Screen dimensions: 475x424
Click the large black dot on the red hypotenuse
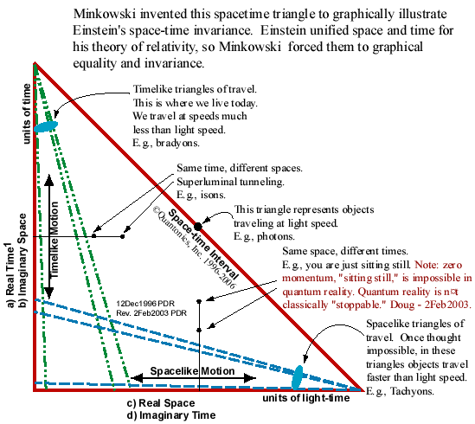pos(198,227)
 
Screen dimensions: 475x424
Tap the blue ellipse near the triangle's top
pos(46,126)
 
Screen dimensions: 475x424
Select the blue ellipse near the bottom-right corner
pos(298,377)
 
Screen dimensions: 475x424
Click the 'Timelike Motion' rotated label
pos(54,240)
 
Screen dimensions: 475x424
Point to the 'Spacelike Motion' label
pos(192,371)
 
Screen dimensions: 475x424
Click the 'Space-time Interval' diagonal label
pos(203,244)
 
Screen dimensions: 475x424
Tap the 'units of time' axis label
pos(27,113)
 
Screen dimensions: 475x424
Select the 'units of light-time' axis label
pos(306,398)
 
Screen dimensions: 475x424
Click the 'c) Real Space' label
pos(161,403)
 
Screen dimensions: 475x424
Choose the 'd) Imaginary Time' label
pos(171,414)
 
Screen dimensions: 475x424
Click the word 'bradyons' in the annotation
pos(177,143)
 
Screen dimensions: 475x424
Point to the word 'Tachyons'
pos(412,391)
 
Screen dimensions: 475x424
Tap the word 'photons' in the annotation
pos(276,236)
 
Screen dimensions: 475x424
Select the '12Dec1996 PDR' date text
pos(145,304)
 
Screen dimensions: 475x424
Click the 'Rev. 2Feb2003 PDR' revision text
pos(151,313)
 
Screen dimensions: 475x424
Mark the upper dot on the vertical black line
pos(199,301)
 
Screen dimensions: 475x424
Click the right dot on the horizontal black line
pos(122,236)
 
